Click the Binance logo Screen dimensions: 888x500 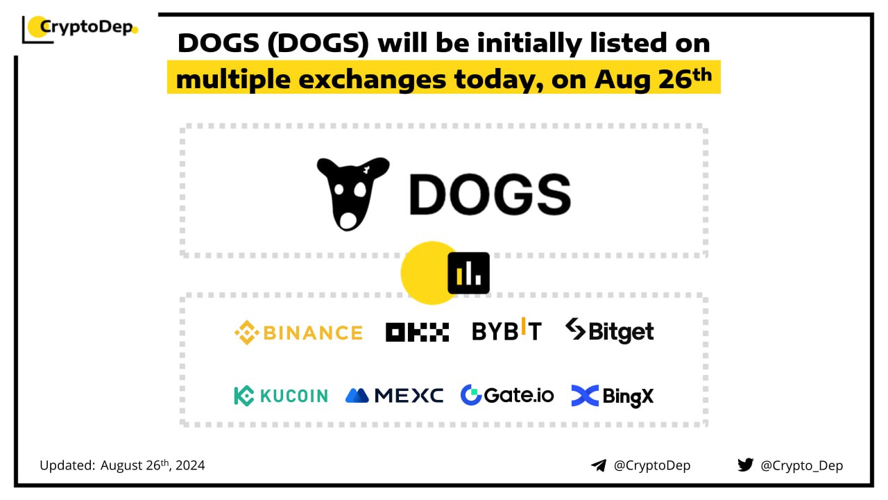(298, 333)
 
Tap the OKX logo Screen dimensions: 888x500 (417, 332)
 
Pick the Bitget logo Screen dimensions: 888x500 (610, 331)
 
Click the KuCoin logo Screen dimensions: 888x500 (281, 396)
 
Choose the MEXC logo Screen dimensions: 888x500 (395, 395)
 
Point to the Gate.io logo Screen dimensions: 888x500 (507, 395)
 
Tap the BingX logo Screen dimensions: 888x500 (613, 396)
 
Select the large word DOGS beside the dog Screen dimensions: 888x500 (490, 194)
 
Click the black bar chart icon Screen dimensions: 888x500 (468, 273)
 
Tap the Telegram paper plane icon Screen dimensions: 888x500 (599, 465)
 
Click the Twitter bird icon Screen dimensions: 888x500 (745, 465)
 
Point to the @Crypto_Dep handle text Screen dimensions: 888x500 (801, 465)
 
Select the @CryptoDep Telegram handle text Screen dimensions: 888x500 (652, 465)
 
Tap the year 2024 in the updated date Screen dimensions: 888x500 (190, 465)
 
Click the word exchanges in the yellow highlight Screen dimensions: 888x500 (373, 79)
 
